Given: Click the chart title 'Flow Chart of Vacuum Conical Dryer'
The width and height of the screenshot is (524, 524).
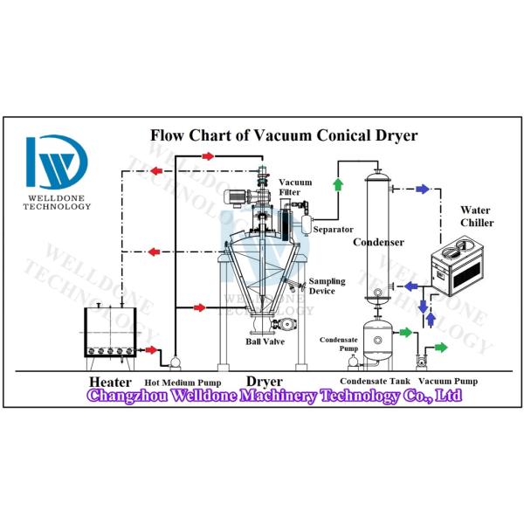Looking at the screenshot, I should coord(284,135).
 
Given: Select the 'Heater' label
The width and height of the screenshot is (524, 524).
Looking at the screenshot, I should coord(110,383).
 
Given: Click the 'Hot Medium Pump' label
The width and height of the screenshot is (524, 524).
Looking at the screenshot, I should coord(183,383).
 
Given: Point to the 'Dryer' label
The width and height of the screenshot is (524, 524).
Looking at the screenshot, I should coord(264,382).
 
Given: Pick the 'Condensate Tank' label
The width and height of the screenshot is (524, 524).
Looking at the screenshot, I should coord(375,382).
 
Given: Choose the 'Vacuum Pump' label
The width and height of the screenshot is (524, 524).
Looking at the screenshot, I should coord(448,382).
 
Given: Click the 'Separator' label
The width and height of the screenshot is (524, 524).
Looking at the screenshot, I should coord(333,230).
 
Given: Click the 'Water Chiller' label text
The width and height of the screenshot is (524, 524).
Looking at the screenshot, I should coord(477,217).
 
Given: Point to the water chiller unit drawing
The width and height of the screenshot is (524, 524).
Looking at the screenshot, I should coord(455,270).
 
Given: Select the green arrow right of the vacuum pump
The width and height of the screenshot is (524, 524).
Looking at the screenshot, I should coord(440,348).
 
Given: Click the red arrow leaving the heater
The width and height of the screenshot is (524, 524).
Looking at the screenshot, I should coord(151,350).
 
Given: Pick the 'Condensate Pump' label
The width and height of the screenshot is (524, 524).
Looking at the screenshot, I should coord(339,344).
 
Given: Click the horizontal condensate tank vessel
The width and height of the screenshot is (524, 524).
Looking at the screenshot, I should coord(378,340).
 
